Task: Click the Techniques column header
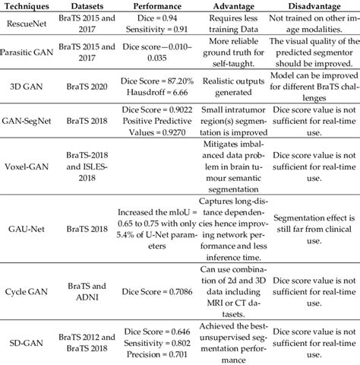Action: coord(27,7)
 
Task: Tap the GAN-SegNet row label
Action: coord(28,132)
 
